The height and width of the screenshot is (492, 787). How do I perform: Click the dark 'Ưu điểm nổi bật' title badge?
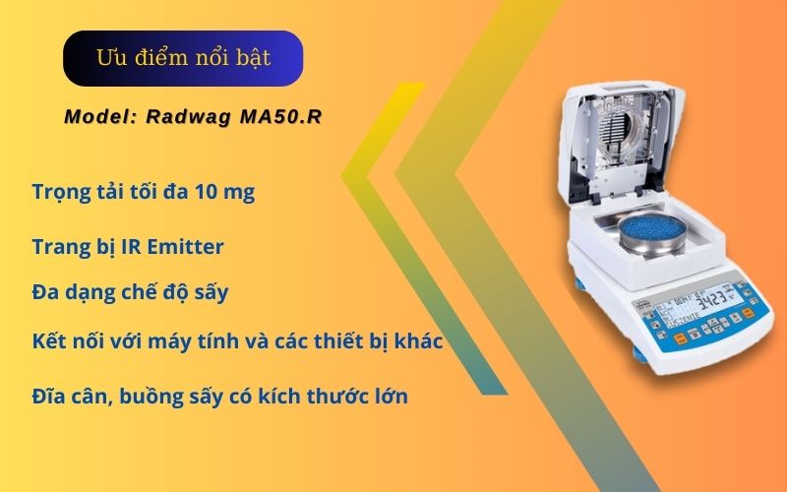click(183, 58)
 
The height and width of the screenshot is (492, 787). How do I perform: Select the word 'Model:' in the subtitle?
click(99, 117)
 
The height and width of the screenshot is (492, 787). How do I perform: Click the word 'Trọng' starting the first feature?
click(60, 193)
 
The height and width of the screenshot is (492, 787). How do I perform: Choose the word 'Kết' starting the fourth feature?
click(47, 343)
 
